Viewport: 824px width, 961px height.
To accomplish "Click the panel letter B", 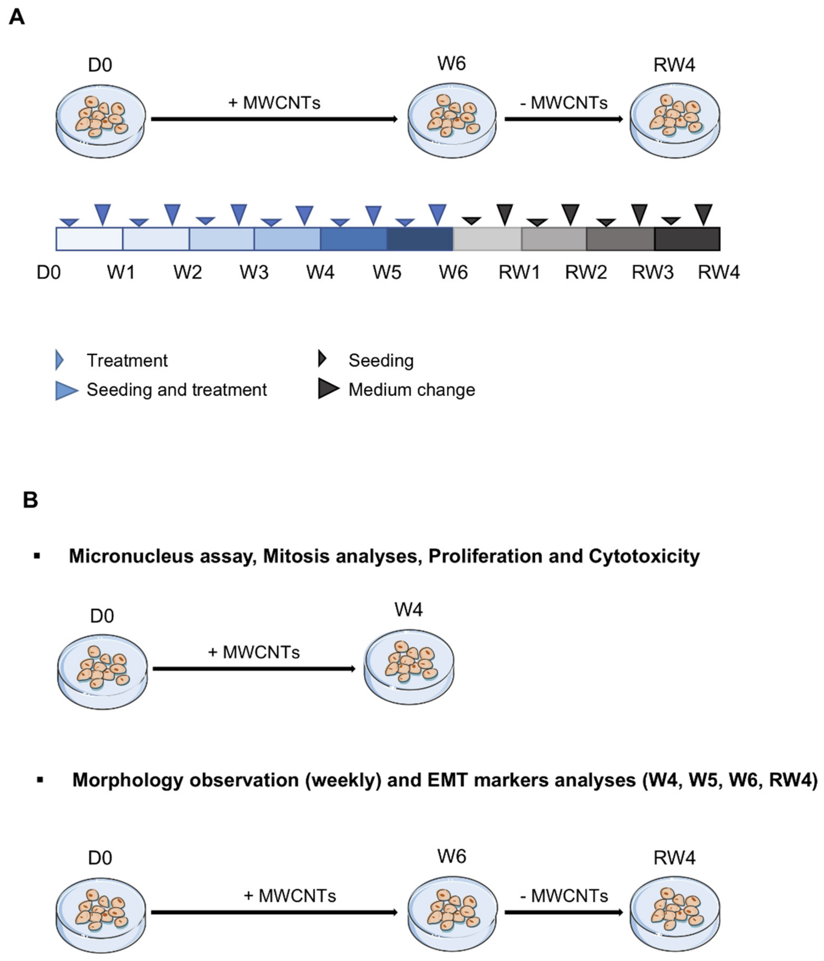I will pyautogui.click(x=30, y=500).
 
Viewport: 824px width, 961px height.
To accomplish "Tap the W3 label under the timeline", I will pyautogui.click(x=254, y=272).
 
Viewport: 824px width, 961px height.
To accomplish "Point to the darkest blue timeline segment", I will pyautogui.click(x=420, y=239).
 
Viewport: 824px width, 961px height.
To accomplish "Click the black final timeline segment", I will pyautogui.click(x=687, y=239).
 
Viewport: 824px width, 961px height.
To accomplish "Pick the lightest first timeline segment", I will pyautogui.click(x=89, y=239).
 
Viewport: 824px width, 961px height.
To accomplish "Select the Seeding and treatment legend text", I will pyautogui.click(x=177, y=390).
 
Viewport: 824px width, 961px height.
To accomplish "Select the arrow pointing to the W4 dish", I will pyautogui.click(x=254, y=669).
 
